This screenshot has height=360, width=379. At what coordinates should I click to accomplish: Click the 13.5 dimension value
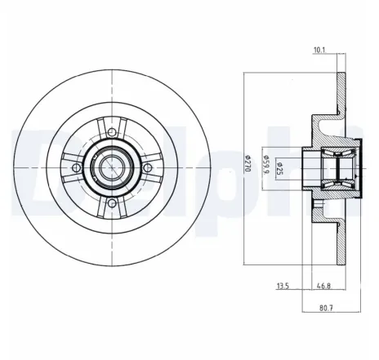coord(283,287)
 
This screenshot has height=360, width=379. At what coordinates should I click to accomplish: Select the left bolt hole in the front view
coord(76,168)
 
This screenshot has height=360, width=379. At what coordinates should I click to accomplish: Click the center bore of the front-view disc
coord(109,168)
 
